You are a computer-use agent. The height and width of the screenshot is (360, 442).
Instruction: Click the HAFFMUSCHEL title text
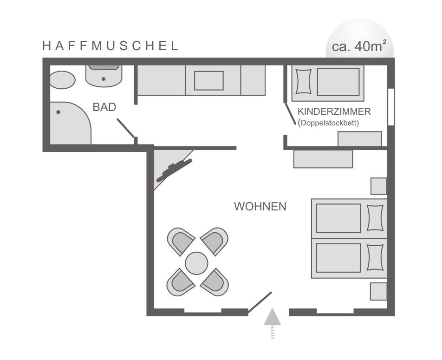coord(110,46)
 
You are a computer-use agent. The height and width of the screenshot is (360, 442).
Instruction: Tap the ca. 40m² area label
coord(359,46)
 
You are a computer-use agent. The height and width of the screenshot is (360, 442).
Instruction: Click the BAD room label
coord(104,107)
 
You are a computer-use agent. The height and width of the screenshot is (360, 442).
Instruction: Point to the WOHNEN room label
coord(260,207)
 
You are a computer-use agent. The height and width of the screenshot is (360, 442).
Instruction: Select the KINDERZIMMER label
coord(334,111)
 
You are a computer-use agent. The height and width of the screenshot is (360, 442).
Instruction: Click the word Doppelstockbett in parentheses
coord(328,123)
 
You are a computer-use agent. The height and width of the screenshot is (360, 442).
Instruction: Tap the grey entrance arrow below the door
coord(272,323)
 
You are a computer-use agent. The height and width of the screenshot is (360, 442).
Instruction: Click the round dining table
coord(196,263)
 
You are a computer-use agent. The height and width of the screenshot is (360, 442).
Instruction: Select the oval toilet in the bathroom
coord(63,80)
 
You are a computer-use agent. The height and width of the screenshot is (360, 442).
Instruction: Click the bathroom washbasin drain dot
coord(104,79)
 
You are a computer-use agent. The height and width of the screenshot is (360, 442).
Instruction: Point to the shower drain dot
coord(58,112)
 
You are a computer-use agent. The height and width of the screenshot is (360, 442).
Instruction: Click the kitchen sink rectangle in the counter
coord(209,81)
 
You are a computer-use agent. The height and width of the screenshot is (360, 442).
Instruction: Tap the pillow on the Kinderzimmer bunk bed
coord(303,82)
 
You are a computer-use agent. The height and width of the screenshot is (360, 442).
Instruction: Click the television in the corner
coord(174,170)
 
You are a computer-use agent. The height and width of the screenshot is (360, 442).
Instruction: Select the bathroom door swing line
coord(125,128)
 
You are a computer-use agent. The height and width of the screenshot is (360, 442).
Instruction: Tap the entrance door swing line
coord(260,302)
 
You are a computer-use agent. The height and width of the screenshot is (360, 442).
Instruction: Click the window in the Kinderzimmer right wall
coord(391,107)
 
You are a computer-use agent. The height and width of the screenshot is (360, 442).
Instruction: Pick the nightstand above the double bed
coord(378,186)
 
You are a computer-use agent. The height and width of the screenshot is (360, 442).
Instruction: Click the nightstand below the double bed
coord(378,291)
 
